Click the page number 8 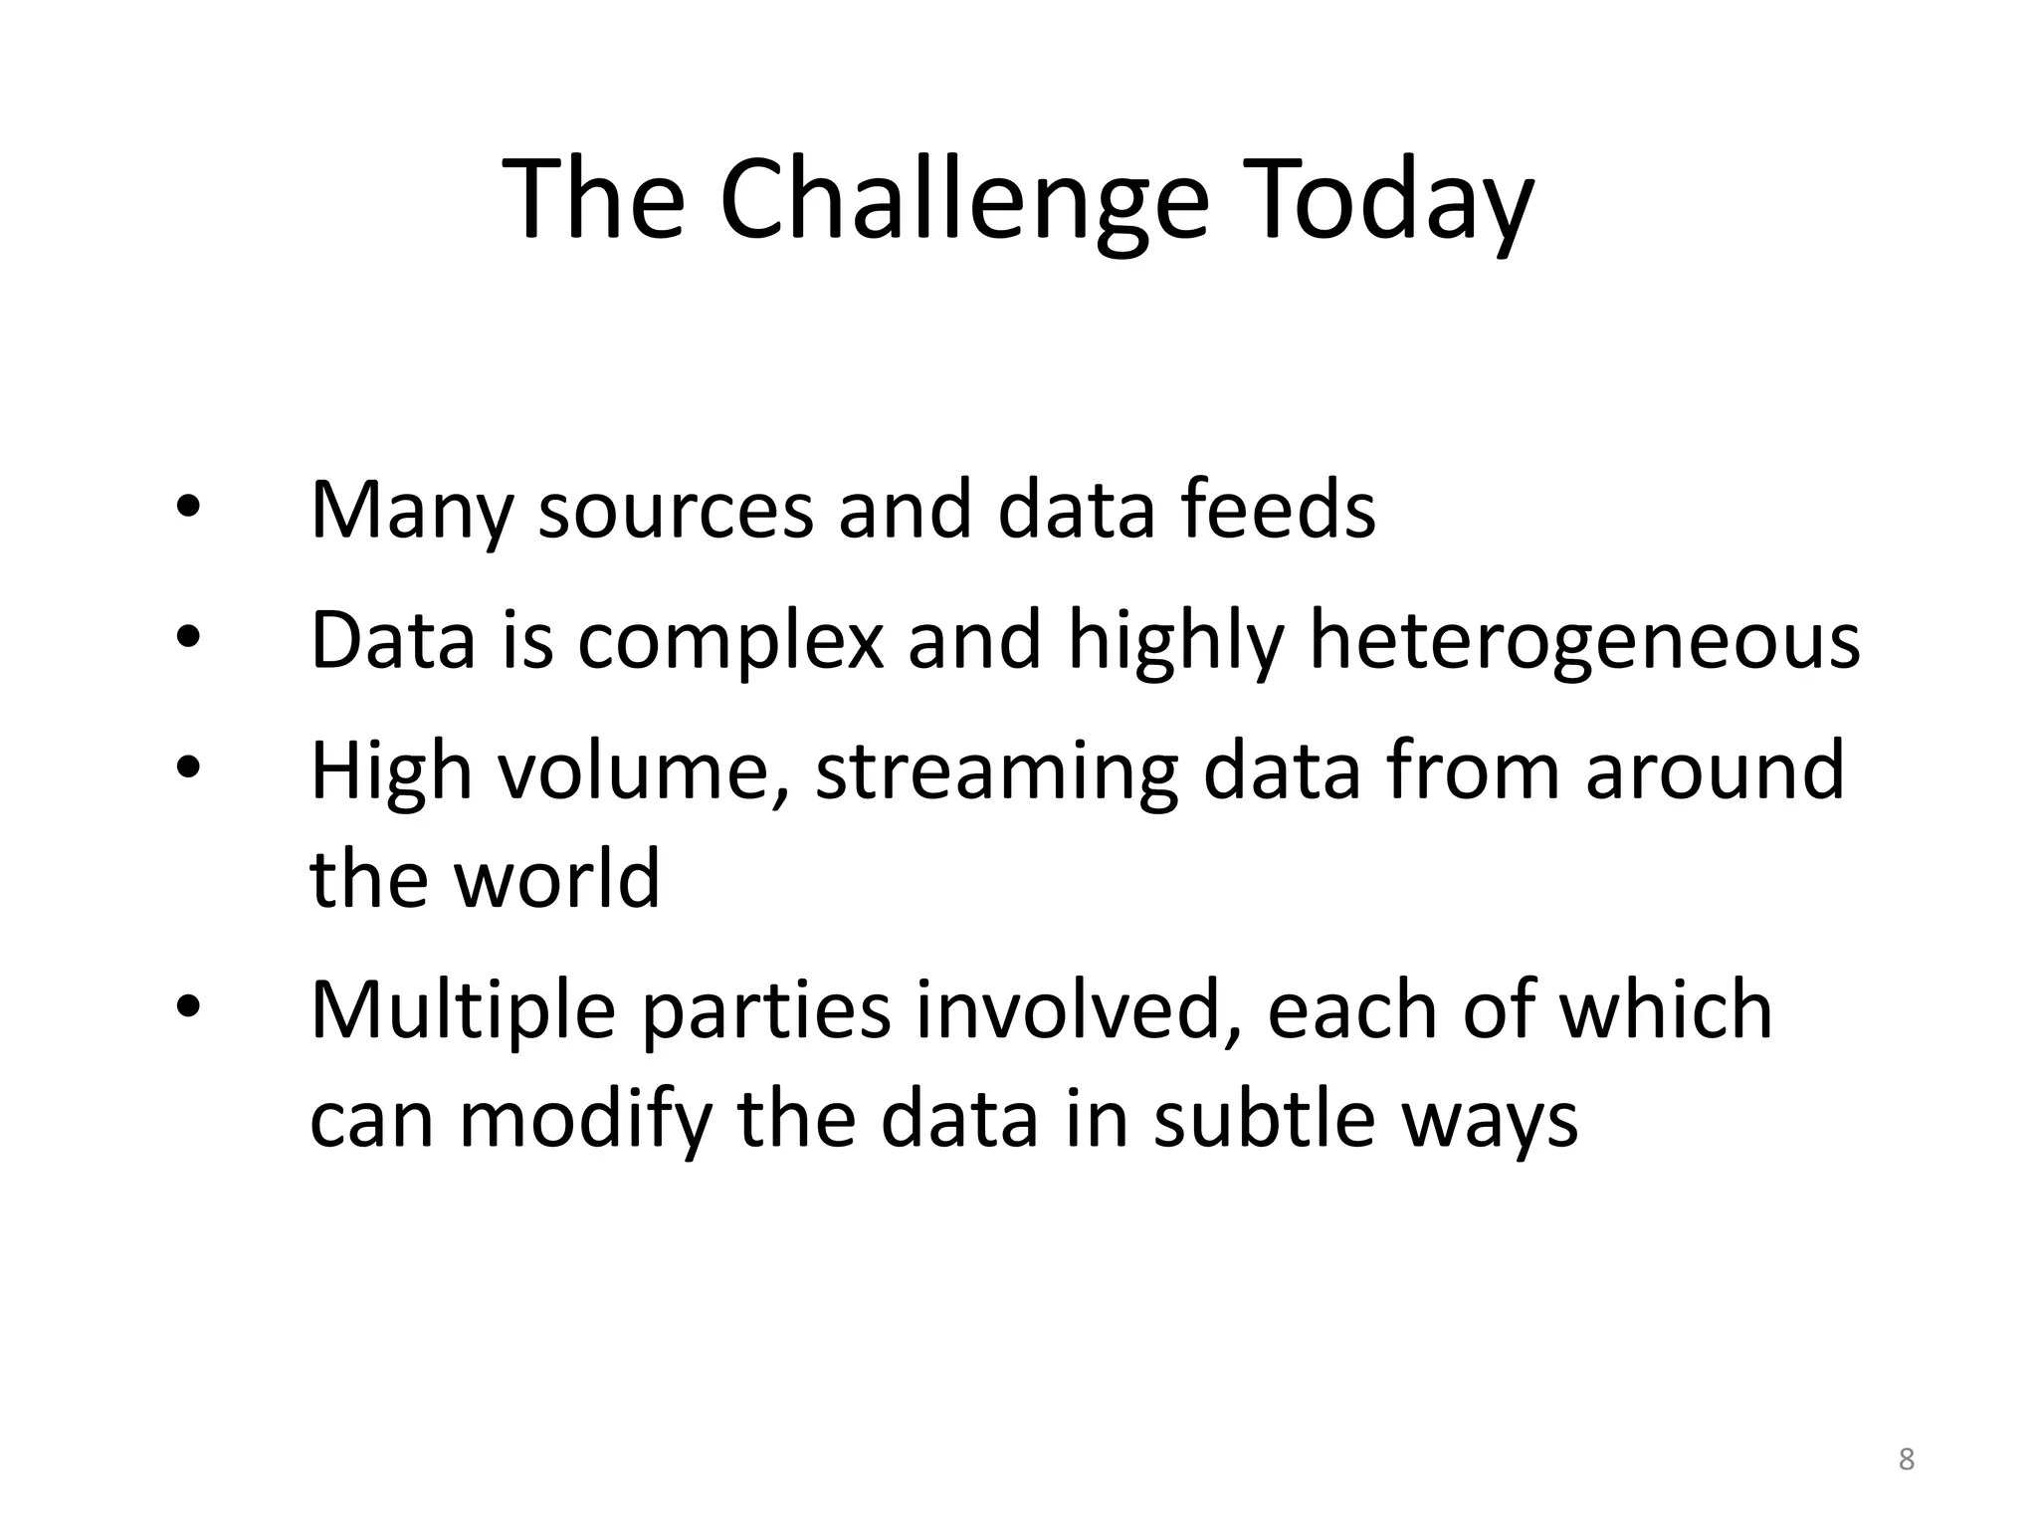coord(1906,1460)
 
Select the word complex coord(729,642)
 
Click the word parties coord(763,1011)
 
